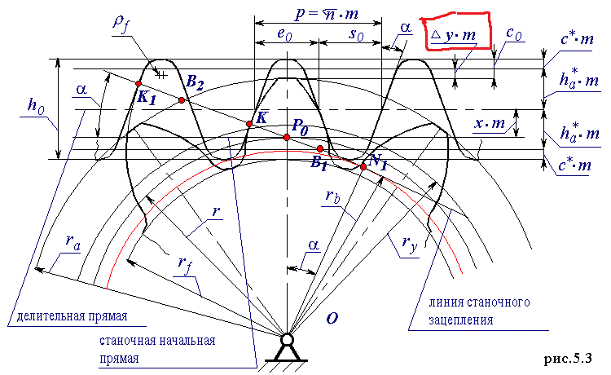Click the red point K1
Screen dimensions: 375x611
[x=139, y=83]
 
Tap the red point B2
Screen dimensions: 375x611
[x=182, y=99]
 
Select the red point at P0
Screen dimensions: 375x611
[x=287, y=137]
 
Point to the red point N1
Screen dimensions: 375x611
[x=363, y=166]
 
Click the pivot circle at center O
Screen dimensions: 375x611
[x=287, y=339]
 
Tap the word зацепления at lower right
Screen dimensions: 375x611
[x=464, y=320]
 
